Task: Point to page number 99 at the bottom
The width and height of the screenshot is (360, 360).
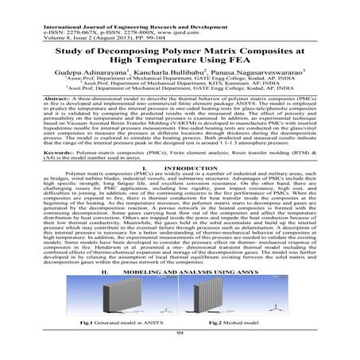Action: (180, 355)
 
